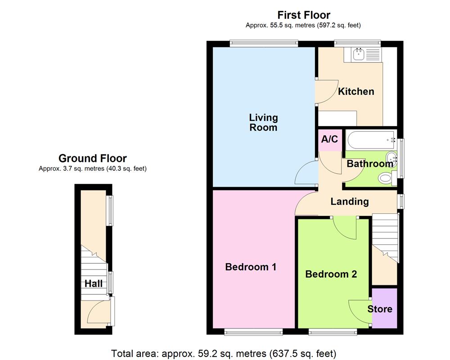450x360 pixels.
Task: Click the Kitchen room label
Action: [x=356, y=92]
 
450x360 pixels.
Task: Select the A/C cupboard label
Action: [x=329, y=139]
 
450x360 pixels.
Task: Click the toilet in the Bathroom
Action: [x=386, y=179]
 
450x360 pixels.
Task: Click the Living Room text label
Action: [x=264, y=122]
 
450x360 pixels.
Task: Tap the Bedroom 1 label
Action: [x=251, y=267]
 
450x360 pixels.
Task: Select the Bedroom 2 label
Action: [x=331, y=274]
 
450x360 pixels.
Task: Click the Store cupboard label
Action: [x=380, y=309]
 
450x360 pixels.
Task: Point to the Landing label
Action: [x=350, y=202]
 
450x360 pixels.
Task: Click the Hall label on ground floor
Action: [x=94, y=284]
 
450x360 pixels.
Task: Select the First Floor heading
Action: [x=304, y=15]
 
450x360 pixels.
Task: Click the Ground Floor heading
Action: [x=93, y=158]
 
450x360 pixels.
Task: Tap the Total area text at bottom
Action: [x=224, y=353]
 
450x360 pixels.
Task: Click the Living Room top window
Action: [x=264, y=44]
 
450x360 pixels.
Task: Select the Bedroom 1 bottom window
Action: [x=253, y=332]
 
